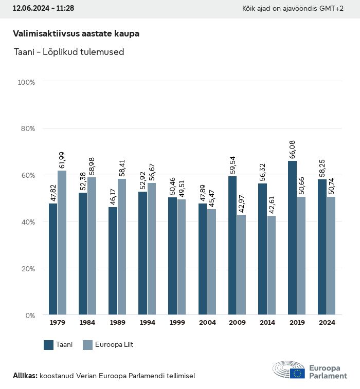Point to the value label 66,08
pos(293,147)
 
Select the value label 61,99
pos(62,157)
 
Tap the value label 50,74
pos(332,183)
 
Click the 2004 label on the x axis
pos(207,323)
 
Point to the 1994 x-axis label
pos(147,323)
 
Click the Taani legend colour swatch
pos(49,345)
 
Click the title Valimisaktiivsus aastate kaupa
pos(76,33)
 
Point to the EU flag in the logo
pos(297,374)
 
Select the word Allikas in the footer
pos(25,376)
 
